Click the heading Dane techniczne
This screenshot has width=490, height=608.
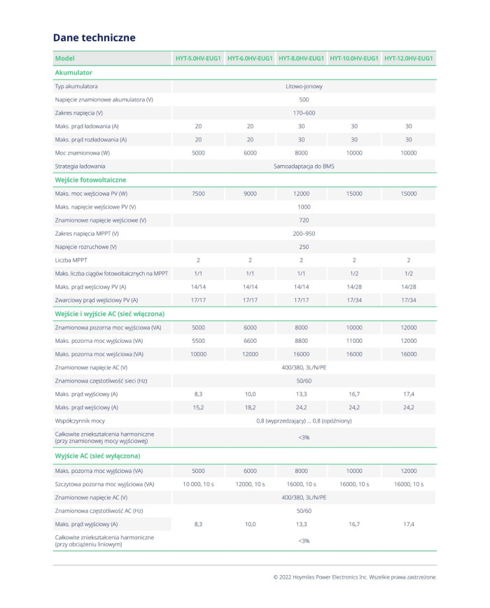click(x=94, y=38)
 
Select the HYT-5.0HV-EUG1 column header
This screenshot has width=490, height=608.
click(x=198, y=58)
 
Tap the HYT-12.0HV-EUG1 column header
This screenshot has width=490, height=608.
click(x=409, y=58)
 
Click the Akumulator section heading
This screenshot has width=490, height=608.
click(x=73, y=72)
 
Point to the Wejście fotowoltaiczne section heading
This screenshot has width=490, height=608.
click(x=90, y=180)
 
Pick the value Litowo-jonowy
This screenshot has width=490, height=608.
click(x=304, y=86)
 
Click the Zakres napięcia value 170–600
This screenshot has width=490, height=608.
click(x=304, y=113)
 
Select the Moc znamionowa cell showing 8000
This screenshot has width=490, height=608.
click(x=302, y=153)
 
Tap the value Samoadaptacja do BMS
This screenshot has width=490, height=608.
click(x=304, y=166)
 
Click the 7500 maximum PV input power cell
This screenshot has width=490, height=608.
click(x=198, y=193)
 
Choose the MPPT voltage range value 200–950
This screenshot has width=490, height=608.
click(x=304, y=233)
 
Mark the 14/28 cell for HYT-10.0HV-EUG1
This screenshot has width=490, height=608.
click(x=354, y=286)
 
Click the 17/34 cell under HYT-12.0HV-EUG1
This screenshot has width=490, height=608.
click(x=409, y=299)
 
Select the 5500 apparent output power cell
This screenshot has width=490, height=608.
click(x=198, y=340)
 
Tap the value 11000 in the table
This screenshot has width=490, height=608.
click(x=354, y=340)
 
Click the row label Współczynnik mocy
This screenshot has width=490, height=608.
click(x=80, y=420)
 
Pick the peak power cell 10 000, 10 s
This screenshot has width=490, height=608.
click(x=198, y=484)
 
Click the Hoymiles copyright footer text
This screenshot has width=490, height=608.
click(x=355, y=577)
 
